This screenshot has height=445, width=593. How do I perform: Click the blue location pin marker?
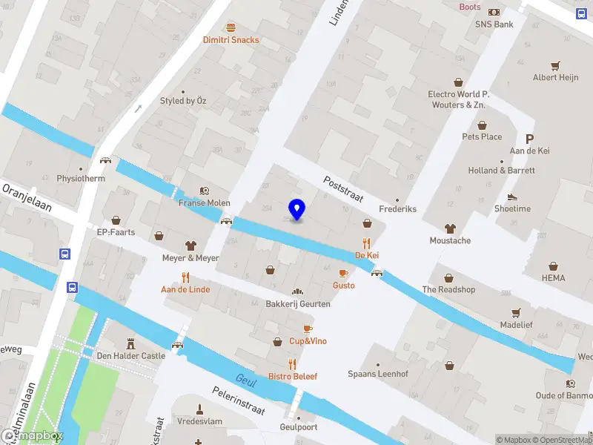296,209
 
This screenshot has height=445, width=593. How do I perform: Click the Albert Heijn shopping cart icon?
556,65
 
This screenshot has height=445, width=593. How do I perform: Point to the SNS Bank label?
494,24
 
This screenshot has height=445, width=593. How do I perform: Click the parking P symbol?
529,139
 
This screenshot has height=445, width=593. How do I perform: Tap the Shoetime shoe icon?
512,197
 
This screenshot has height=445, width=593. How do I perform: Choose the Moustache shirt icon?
450,228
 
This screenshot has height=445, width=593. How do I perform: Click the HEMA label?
553,278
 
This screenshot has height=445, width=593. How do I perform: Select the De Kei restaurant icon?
366,243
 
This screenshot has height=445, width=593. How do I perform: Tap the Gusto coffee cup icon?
343,273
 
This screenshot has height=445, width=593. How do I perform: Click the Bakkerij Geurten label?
298,304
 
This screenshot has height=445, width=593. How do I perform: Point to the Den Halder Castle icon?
131,343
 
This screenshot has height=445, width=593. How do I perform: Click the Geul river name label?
245,379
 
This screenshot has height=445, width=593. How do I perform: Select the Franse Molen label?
205,203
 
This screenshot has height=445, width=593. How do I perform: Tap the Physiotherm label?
81,179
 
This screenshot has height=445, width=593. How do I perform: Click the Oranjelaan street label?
27,197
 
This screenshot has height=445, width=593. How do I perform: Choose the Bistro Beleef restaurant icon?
293,364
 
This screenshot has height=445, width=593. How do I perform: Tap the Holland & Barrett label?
501,171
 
